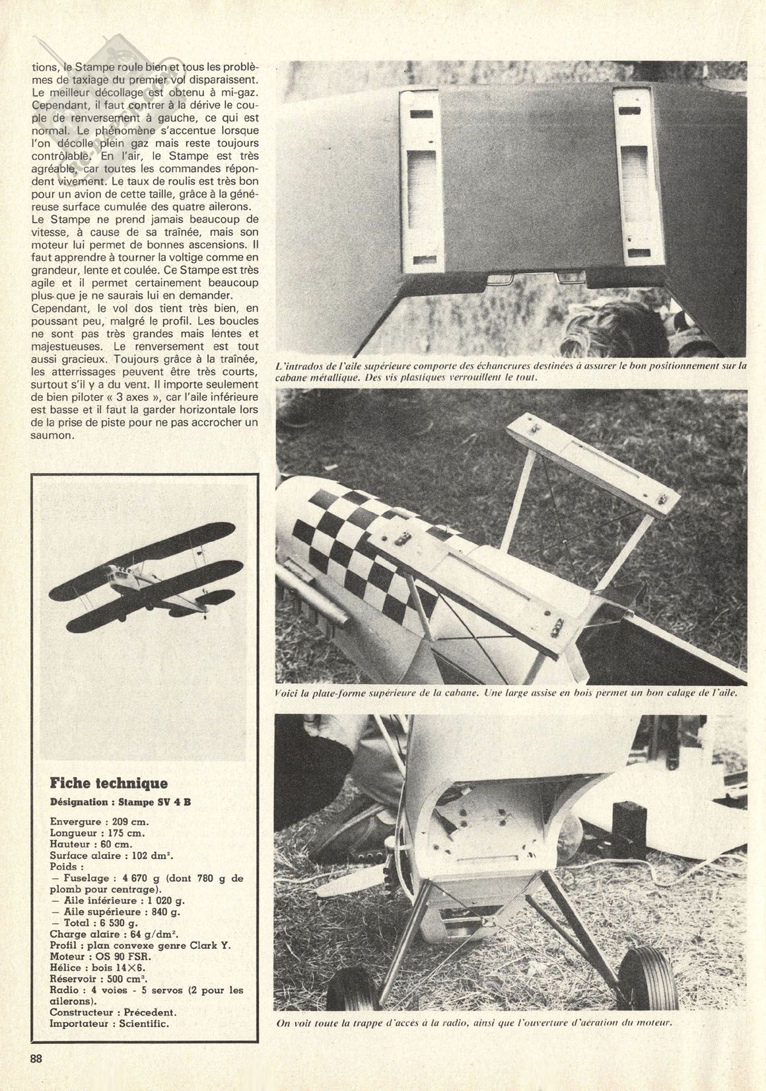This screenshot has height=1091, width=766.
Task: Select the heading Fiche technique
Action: coord(109,784)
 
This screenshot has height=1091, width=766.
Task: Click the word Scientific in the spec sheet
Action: coord(143,1024)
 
